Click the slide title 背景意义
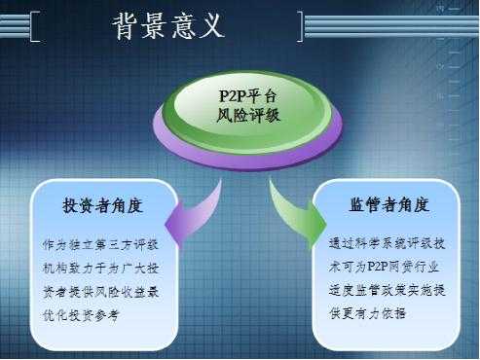coord(168,26)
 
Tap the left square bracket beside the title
coord(34,26)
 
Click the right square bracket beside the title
coord(300,26)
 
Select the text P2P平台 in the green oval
coord(248,95)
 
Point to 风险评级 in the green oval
coord(248,115)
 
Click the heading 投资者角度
coord(102,205)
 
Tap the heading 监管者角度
coord(389,204)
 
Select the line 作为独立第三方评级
coord(100,245)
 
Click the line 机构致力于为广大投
coord(100,269)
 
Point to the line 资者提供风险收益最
coord(100,292)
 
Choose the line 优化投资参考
coord(81,315)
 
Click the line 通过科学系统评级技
coord(387,243)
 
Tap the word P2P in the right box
coord(378,267)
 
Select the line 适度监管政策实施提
coord(387,290)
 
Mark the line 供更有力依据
coord(367,313)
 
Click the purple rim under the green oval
coord(247,158)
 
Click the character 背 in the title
coord(125,26)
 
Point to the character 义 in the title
coord(212,26)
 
